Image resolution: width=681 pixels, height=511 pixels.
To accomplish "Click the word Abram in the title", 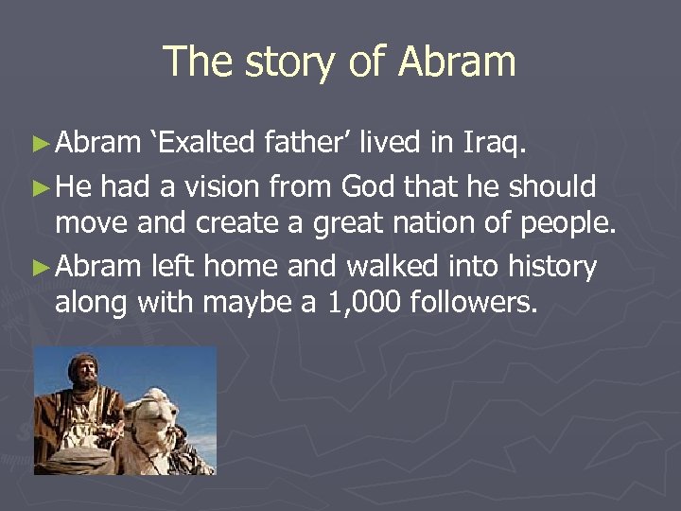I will (x=457, y=62).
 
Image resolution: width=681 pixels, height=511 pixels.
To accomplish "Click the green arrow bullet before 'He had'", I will (x=40, y=187).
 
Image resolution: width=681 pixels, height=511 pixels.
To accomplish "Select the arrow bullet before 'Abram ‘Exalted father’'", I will (x=40, y=144).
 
